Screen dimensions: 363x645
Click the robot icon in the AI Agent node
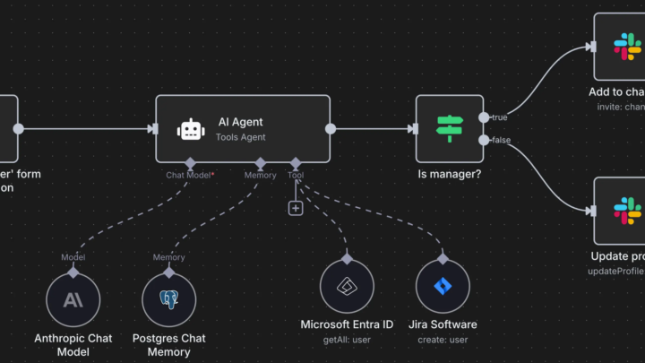pyautogui.click(x=190, y=130)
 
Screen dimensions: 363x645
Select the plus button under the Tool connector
pyautogui.click(x=296, y=208)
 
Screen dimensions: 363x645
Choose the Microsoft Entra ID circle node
pyautogui.click(x=347, y=287)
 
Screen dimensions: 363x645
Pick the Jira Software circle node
pyautogui.click(x=443, y=287)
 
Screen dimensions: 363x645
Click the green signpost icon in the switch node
pyautogui.click(x=450, y=128)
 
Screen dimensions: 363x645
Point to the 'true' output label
pyautogui.click(x=500, y=117)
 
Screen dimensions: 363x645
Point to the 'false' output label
pyautogui.click(x=502, y=140)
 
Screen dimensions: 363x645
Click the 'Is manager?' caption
pyautogui.click(x=450, y=174)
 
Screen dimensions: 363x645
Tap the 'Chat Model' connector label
pyautogui.click(x=187, y=175)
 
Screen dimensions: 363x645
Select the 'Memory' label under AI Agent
pyautogui.click(x=261, y=175)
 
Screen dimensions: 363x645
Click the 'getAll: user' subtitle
pyautogui.click(x=347, y=339)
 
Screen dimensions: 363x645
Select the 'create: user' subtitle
pyautogui.click(x=443, y=339)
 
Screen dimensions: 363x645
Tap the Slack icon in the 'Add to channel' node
pyautogui.click(x=628, y=47)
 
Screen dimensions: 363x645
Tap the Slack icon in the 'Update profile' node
pyautogui.click(x=628, y=211)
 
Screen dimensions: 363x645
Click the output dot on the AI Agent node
pyautogui.click(x=331, y=129)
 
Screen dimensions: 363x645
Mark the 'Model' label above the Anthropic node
pyautogui.click(x=73, y=257)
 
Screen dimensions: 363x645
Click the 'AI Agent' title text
pyautogui.click(x=240, y=121)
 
